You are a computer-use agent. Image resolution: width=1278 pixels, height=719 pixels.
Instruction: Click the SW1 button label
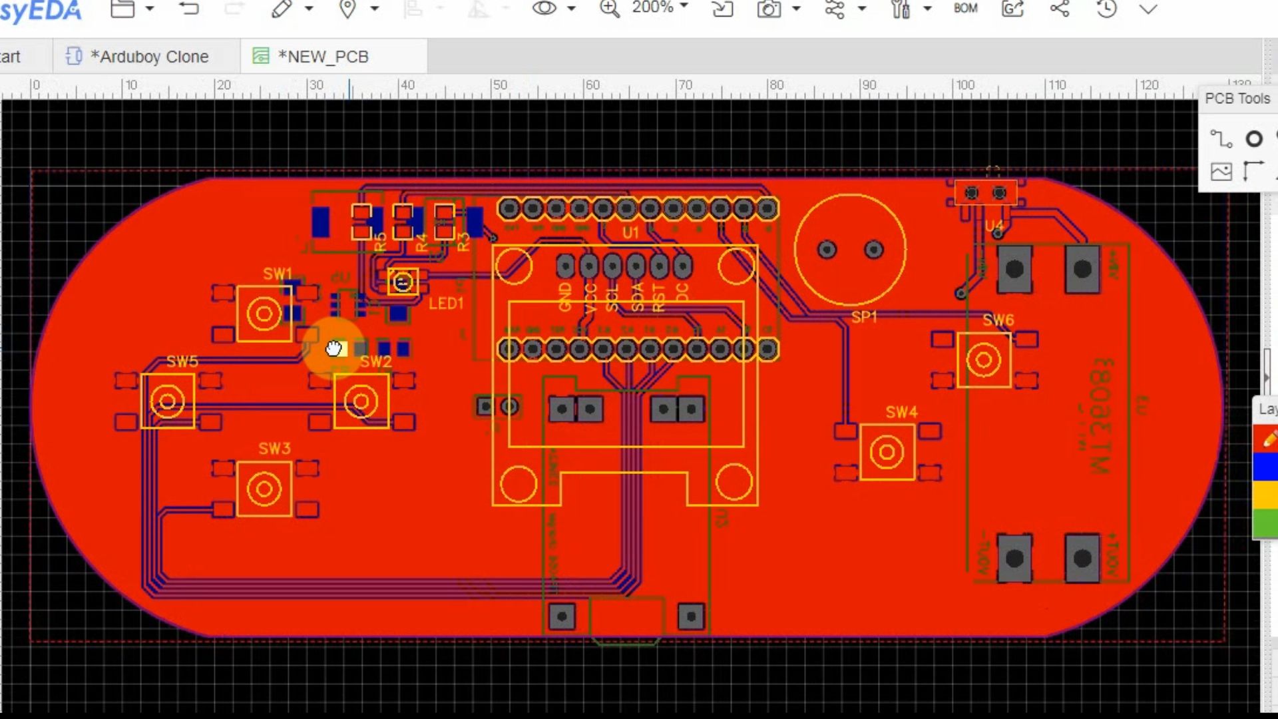(x=277, y=274)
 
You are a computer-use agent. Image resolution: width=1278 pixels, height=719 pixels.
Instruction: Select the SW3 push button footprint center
(x=264, y=489)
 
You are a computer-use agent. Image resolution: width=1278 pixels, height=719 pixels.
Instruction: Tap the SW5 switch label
(x=182, y=361)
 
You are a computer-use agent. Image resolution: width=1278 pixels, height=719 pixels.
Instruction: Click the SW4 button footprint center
(x=887, y=453)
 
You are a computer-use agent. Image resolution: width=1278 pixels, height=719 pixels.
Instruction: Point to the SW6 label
(x=998, y=320)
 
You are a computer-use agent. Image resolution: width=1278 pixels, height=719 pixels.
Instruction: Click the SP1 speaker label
(x=864, y=317)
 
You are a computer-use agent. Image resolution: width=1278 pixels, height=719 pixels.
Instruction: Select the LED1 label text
(x=445, y=304)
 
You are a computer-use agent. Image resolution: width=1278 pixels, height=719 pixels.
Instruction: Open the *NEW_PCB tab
(x=323, y=57)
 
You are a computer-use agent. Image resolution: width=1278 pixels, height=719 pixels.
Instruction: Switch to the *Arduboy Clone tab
(x=149, y=57)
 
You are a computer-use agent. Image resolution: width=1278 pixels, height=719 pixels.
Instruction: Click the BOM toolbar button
(x=965, y=9)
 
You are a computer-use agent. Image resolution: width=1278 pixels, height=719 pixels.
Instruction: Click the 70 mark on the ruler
(x=684, y=85)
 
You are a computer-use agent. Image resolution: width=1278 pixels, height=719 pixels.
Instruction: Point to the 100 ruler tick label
(x=964, y=85)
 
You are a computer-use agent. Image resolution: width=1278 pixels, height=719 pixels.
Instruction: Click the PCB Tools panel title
(x=1237, y=99)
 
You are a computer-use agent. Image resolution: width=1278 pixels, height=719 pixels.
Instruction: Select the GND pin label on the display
(x=565, y=297)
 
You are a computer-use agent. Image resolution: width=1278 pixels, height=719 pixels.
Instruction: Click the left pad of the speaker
(x=827, y=250)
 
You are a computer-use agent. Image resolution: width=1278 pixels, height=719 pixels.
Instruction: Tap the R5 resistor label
(x=380, y=242)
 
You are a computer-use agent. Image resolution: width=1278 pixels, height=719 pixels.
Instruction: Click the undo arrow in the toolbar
(x=189, y=9)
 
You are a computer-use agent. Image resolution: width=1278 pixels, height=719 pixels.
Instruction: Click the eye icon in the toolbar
(x=544, y=9)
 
